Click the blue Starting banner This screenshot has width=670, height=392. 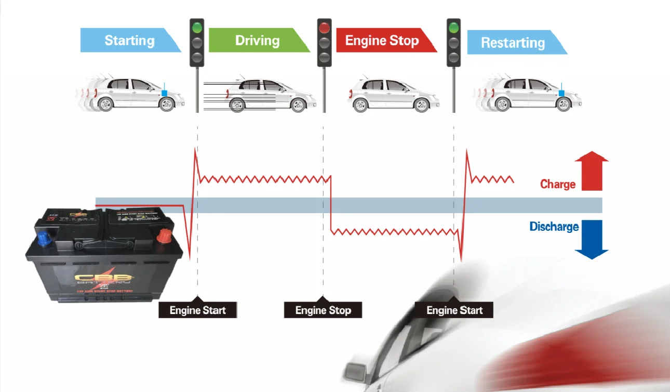130,41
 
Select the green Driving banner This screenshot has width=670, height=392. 258,41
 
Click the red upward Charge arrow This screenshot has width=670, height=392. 592,171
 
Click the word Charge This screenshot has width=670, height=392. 558,184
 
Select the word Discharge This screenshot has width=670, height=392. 554,227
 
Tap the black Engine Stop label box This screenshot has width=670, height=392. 323,310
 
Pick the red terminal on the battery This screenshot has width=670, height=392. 165,237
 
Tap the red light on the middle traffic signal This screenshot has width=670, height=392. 325,28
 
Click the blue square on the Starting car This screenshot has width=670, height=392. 165,93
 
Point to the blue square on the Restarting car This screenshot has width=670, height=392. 561,93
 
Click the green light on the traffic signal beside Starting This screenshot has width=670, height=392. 197,28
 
